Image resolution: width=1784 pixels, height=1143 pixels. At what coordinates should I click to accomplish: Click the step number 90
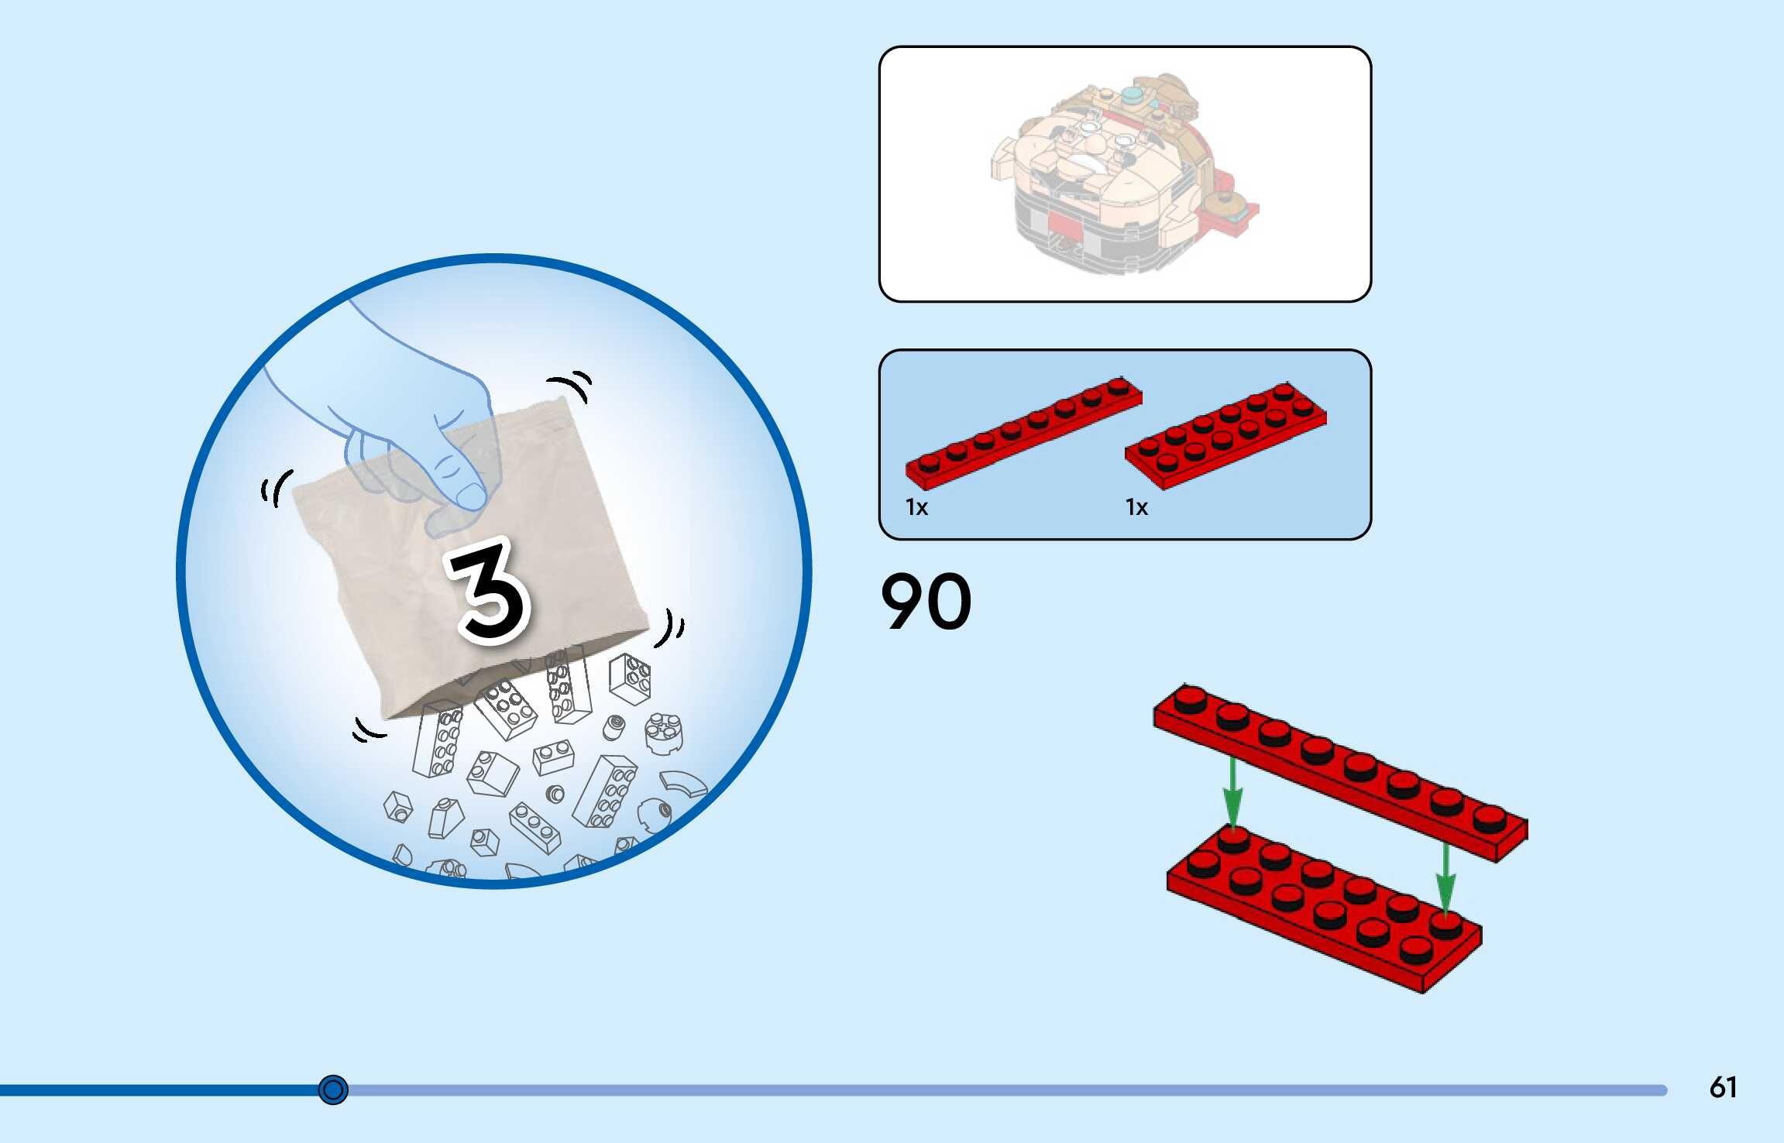click(x=926, y=602)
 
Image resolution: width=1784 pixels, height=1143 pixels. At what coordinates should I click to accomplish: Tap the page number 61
click(x=1723, y=1087)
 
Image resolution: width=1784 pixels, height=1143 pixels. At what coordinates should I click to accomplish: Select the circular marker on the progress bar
click(x=333, y=1090)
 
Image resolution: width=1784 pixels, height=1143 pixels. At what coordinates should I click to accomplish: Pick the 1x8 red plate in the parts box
click(x=1023, y=434)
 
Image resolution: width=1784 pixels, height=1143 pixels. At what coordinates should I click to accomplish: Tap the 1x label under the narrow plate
click(x=916, y=507)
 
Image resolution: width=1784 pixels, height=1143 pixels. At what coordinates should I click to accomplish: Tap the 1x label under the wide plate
click(x=1136, y=507)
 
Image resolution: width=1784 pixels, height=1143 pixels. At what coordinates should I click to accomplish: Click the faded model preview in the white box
click(x=1123, y=174)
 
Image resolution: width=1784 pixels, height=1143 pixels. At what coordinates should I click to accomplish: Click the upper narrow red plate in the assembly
click(x=1340, y=771)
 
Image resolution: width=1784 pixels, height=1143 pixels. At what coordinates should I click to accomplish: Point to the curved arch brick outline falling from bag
click(x=683, y=784)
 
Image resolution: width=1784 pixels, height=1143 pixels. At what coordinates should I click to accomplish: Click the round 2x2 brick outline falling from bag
click(x=664, y=733)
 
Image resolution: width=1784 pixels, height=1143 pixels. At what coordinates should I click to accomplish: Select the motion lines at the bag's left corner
click(x=276, y=488)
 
